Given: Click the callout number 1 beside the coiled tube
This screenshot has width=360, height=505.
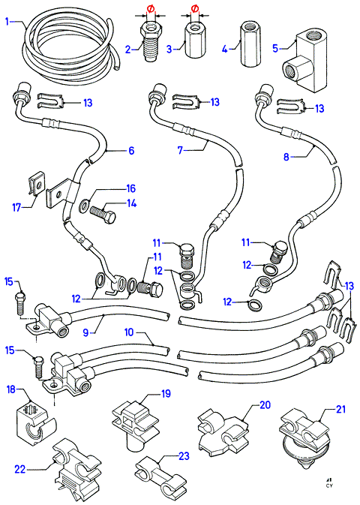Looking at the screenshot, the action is coord(7,22).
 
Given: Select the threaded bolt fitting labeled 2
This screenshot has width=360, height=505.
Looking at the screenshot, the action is coord(149,41).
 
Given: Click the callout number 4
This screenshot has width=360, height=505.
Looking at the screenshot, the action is coord(225,49).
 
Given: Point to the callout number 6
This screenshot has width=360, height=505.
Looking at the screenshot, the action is coord(131,150).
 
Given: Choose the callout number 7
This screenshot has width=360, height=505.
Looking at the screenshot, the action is coord(181,150).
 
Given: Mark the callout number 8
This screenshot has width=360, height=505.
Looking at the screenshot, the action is coord(286,157).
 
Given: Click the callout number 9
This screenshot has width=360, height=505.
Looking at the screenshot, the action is coord(85,332).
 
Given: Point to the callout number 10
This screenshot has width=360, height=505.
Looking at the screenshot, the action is coord(129,332).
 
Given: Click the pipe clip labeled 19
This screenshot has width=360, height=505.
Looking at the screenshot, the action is coord(135,422).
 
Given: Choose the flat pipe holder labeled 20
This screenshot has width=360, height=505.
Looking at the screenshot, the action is coord(223,430).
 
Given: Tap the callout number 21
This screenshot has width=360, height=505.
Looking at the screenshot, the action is coord(340,409).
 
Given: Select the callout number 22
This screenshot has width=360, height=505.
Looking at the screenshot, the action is coord(20,469).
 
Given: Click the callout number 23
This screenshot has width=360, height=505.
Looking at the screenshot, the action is coord(184,455).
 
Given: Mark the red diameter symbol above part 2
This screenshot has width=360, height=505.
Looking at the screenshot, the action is coord(151,9).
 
